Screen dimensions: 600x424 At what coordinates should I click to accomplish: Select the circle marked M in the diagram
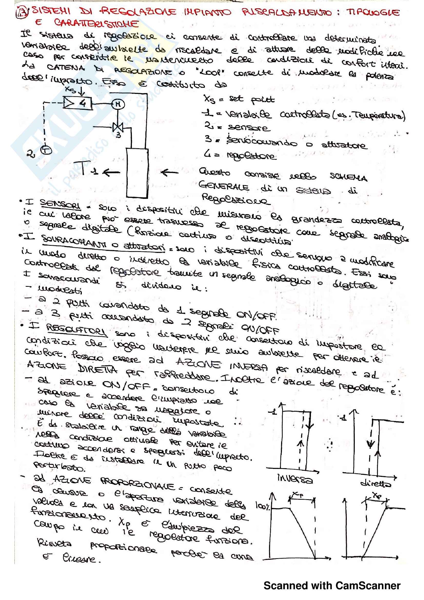pyautogui.click(x=118, y=104)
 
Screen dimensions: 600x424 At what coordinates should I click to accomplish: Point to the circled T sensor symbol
pyautogui.click(x=47, y=150)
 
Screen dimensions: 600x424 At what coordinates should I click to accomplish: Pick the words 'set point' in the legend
pyautogui.click(x=252, y=100)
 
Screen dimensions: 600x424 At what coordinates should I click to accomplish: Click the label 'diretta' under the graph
pyautogui.click(x=376, y=484)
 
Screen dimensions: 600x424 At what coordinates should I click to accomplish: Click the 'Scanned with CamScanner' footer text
pyautogui.click(x=332, y=586)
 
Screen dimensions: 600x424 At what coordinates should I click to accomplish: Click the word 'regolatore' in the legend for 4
pyautogui.click(x=251, y=156)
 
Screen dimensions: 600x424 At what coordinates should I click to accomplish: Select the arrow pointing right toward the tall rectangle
pyautogui.click(x=170, y=172)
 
